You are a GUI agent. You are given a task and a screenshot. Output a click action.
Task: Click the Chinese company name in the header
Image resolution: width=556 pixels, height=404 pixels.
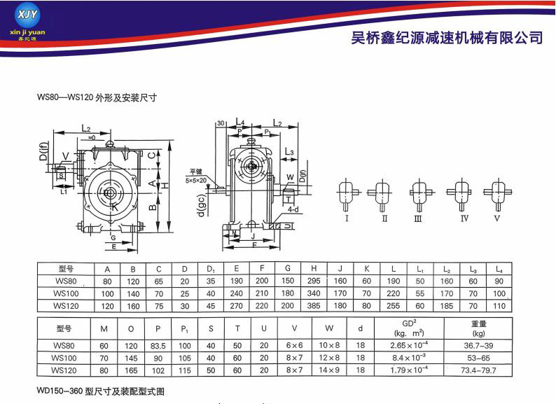pyautogui.click(x=447, y=37)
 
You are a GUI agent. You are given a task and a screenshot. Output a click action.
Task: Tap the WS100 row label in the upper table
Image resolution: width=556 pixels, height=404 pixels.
pyautogui.click(x=65, y=294)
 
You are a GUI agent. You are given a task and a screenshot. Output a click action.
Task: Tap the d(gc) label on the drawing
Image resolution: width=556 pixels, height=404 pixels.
pyautogui.click(x=201, y=203)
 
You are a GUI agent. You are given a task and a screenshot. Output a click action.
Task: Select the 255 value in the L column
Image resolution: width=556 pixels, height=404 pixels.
pyautogui.click(x=394, y=306)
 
